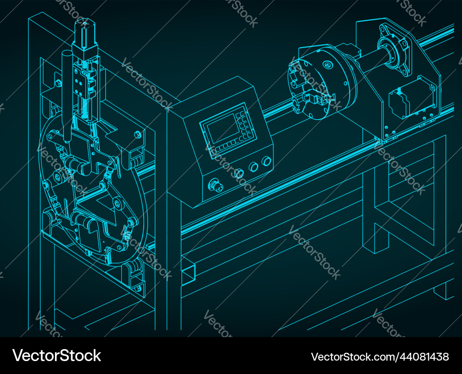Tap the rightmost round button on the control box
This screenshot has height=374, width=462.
(x=266, y=161)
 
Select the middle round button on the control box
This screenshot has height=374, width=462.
(x=253, y=167)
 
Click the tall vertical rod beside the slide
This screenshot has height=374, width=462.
(x=67, y=97)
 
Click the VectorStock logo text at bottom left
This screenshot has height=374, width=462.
(x=57, y=356)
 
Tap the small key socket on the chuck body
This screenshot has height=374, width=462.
(x=328, y=65)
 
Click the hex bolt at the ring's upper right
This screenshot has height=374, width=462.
(x=138, y=135)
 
